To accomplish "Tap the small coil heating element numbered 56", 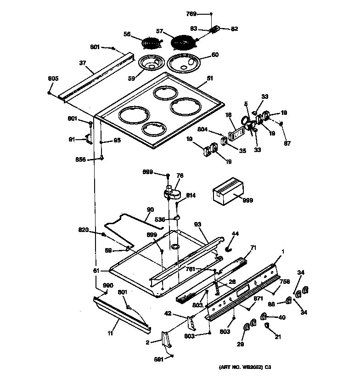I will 152,44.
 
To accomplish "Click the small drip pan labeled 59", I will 152,62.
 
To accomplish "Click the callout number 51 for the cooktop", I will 210,79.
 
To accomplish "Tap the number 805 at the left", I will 53,79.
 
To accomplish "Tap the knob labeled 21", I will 267,326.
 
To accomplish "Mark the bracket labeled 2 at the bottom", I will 166,339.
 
